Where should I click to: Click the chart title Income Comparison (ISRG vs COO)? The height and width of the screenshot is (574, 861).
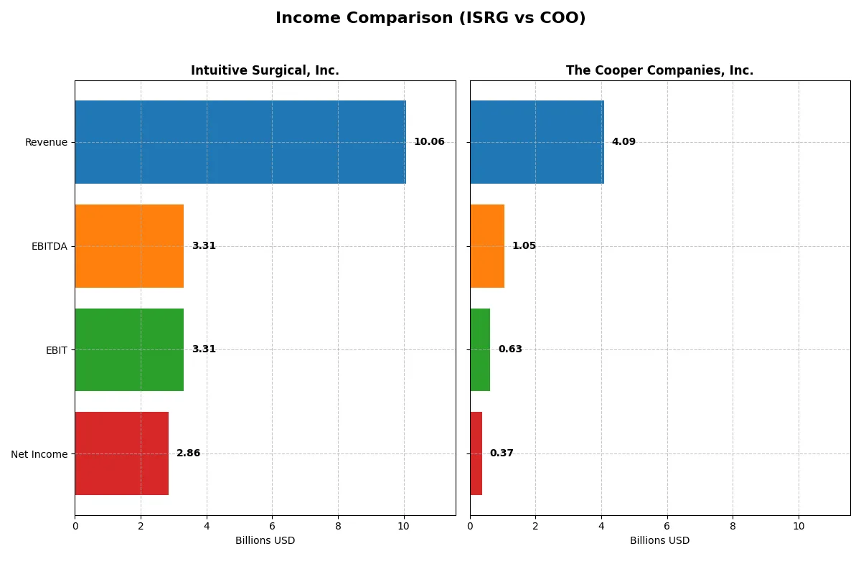click(x=430, y=19)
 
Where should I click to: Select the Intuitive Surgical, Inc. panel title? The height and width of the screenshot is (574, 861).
click(x=265, y=70)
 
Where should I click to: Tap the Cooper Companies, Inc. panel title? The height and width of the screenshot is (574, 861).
click(x=659, y=70)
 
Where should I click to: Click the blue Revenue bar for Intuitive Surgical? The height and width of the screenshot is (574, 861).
click(x=240, y=142)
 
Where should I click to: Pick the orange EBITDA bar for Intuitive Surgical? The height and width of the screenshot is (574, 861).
click(x=129, y=246)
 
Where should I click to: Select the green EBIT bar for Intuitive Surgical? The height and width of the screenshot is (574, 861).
click(x=129, y=350)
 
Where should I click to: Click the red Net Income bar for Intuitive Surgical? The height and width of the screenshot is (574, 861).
click(x=122, y=453)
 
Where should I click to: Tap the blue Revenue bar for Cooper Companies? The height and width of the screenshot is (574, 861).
click(x=537, y=142)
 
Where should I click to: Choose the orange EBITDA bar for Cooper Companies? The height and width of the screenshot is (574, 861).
click(x=487, y=246)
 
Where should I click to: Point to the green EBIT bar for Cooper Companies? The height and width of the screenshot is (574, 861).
click(x=480, y=350)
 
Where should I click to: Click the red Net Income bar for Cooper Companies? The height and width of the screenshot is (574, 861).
click(x=476, y=453)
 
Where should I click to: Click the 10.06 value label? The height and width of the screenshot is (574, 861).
click(x=429, y=142)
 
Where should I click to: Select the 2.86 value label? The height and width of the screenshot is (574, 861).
click(x=188, y=453)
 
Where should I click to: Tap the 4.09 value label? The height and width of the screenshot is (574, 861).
click(x=624, y=142)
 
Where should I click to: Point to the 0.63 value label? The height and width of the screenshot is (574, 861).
click(x=510, y=349)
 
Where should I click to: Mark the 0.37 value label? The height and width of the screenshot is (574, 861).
click(x=502, y=453)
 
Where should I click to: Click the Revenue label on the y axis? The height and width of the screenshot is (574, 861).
click(x=46, y=142)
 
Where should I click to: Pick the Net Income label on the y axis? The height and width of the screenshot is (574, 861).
click(x=39, y=454)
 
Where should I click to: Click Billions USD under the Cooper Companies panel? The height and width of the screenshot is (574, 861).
click(x=659, y=541)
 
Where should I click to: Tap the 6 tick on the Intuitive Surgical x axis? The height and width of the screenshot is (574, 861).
click(x=272, y=526)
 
